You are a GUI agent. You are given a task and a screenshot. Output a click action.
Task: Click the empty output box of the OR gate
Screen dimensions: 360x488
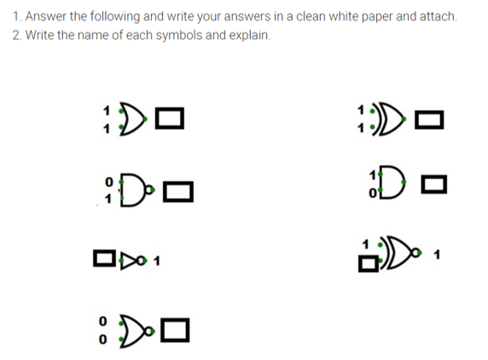[172, 118]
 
